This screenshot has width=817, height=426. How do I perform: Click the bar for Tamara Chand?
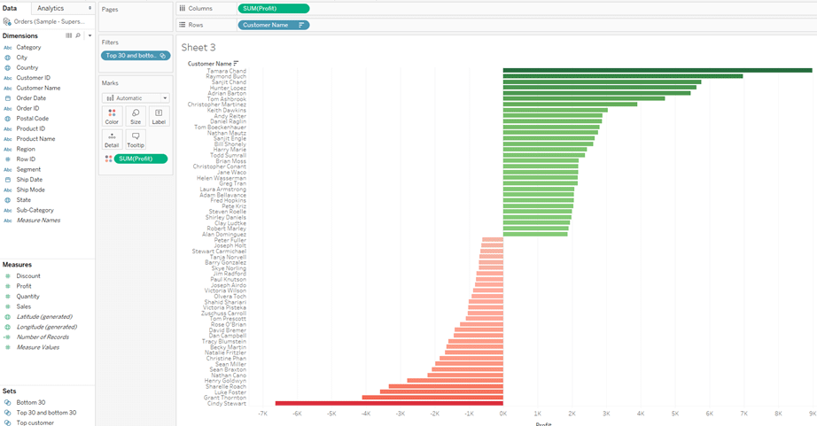[656, 70]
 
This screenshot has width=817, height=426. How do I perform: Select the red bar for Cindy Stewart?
[390, 403]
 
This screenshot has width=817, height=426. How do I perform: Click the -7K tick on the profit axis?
[262, 414]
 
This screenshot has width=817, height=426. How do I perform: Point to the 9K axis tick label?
[812, 414]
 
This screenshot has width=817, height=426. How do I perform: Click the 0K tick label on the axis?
[502, 414]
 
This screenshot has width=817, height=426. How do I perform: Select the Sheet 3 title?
[198, 47]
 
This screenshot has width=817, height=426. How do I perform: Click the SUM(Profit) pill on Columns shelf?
[274, 8]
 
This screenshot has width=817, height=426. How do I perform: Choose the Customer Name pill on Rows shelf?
[274, 25]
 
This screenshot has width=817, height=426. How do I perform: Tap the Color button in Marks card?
[112, 116]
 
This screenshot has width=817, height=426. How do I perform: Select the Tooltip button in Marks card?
[136, 139]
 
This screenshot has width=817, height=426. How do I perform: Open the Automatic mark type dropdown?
[136, 98]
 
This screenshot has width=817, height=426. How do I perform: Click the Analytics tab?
[51, 8]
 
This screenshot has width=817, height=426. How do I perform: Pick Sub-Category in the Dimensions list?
[35, 210]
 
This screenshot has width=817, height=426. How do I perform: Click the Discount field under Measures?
[28, 276]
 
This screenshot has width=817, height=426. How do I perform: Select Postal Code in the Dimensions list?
[33, 119]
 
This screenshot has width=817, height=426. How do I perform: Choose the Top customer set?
[35, 422]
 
